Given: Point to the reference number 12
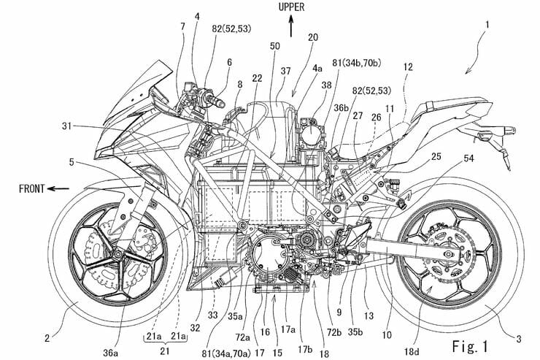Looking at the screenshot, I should (x=407, y=66).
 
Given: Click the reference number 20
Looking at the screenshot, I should (x=314, y=37).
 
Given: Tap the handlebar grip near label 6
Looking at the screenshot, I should (x=217, y=95).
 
